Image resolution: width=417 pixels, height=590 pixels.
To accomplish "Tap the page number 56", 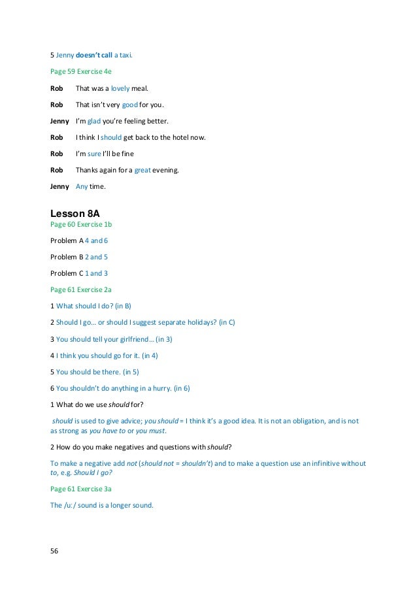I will coord(54,551).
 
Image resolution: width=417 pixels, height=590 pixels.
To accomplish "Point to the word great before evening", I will coord(142,169).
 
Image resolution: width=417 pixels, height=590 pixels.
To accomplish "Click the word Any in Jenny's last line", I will coord(82,186).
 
